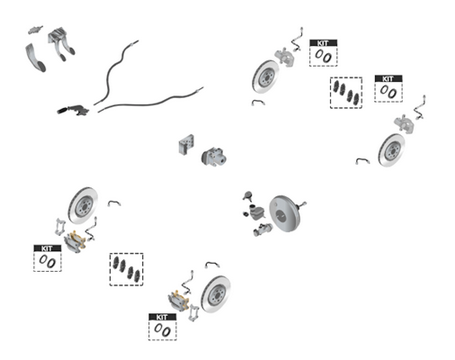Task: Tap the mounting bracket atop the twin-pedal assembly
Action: (56, 35)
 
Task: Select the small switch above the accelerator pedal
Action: (35, 30)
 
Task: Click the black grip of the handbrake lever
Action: (63, 110)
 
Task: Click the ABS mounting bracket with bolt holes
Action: (186, 144)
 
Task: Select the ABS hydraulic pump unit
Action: (214, 157)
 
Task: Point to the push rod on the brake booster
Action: (303, 204)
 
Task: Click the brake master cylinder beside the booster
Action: (263, 230)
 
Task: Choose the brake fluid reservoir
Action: (257, 212)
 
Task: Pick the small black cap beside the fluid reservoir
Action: (246, 214)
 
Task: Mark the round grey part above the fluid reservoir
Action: (247, 195)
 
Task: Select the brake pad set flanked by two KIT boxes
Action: (346, 93)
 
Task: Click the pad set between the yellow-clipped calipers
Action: (126, 269)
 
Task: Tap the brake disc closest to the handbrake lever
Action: (83, 205)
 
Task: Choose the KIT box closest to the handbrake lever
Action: (47, 258)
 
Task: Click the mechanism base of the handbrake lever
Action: (79, 110)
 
